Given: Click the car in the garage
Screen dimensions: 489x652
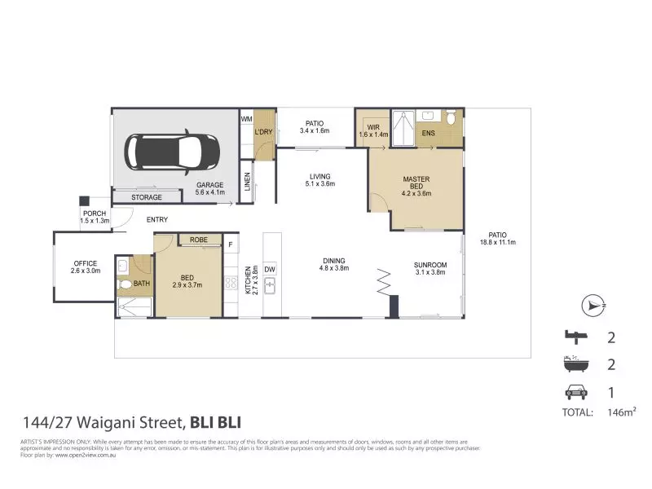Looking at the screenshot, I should click(171, 152).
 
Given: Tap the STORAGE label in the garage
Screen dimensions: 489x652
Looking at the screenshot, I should click(146, 197).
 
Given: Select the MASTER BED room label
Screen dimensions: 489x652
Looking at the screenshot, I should click(416, 186).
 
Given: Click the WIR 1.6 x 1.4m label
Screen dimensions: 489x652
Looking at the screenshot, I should click(374, 130).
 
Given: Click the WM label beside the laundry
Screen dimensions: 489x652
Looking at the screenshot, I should click(247, 120).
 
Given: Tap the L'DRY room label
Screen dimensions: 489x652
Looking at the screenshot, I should click(263, 132).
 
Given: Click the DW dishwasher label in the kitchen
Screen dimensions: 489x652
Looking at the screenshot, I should click(271, 268).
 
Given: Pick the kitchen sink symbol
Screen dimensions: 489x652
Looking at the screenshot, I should click(271, 286).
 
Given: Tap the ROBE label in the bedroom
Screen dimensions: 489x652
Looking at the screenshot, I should click(198, 240).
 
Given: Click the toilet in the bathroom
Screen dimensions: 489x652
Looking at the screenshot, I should click(124, 285).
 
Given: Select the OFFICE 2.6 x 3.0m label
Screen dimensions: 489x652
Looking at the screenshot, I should click(85, 267).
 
